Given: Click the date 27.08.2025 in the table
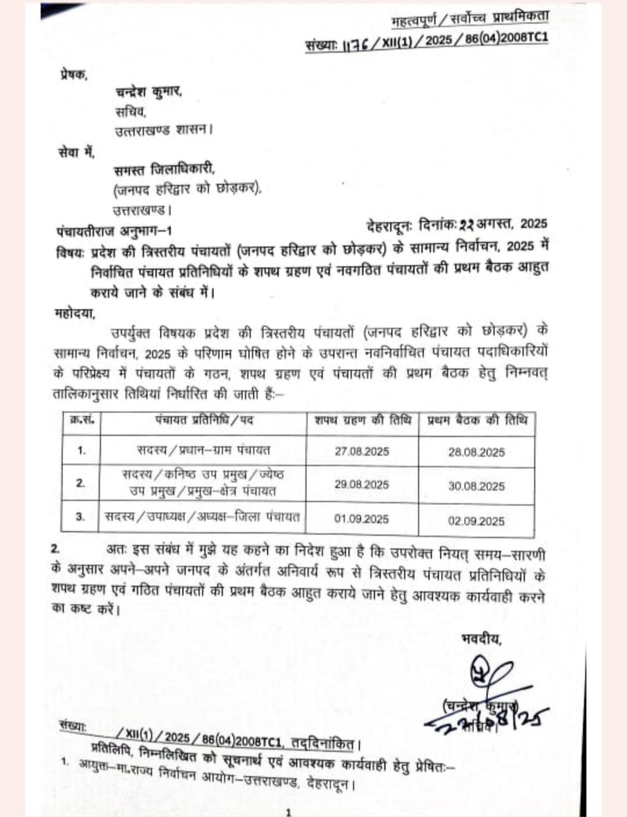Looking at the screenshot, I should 362,451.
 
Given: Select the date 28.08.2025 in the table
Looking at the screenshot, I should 476,452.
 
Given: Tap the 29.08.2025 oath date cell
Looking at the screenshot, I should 362,484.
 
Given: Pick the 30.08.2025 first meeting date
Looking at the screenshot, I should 476,487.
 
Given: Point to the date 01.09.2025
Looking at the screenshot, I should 361,519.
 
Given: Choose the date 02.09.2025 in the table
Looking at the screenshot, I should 476,521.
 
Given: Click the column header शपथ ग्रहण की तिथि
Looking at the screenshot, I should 363,420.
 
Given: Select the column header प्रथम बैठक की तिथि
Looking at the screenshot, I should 477,420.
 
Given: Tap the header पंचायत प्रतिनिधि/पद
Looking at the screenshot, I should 204,419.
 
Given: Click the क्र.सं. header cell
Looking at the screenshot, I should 82,419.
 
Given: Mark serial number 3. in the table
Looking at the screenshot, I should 81,516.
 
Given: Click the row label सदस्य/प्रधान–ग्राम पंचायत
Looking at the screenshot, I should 204,450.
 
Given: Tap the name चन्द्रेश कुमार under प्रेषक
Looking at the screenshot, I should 149,92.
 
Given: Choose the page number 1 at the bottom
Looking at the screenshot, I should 289,811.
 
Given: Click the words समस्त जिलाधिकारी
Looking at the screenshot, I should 165,170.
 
